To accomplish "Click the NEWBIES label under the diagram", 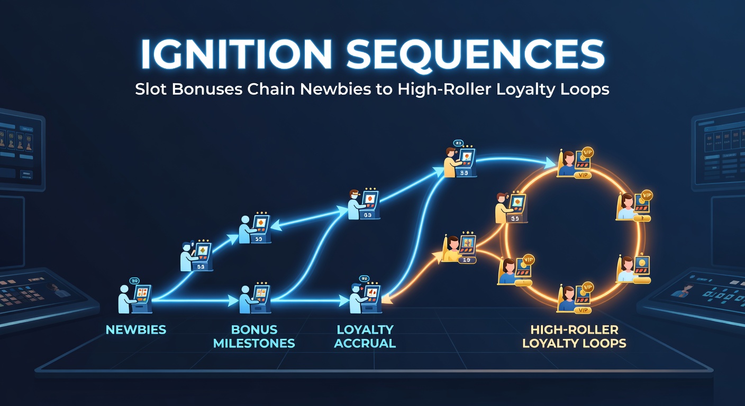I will (x=136, y=330).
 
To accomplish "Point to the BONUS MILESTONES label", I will (x=254, y=336).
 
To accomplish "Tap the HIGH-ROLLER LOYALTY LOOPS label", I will (x=574, y=336).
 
